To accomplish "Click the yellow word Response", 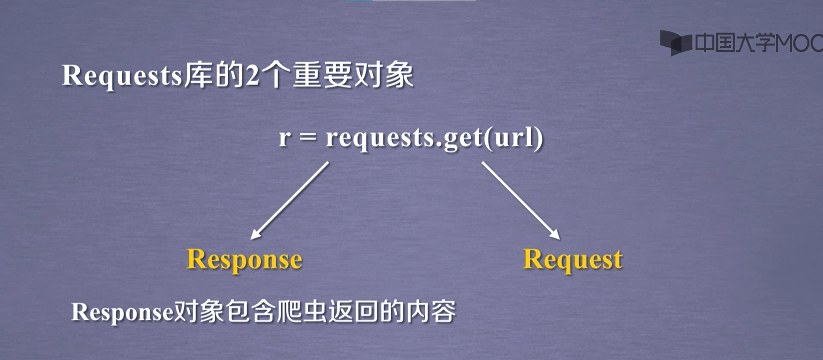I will coord(244,260).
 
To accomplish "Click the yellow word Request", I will coord(573,260).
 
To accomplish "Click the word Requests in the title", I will coord(123,76).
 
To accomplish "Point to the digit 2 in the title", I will coord(252,75).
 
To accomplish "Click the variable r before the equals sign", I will coord(285,138).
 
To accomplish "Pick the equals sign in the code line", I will coord(308,138).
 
